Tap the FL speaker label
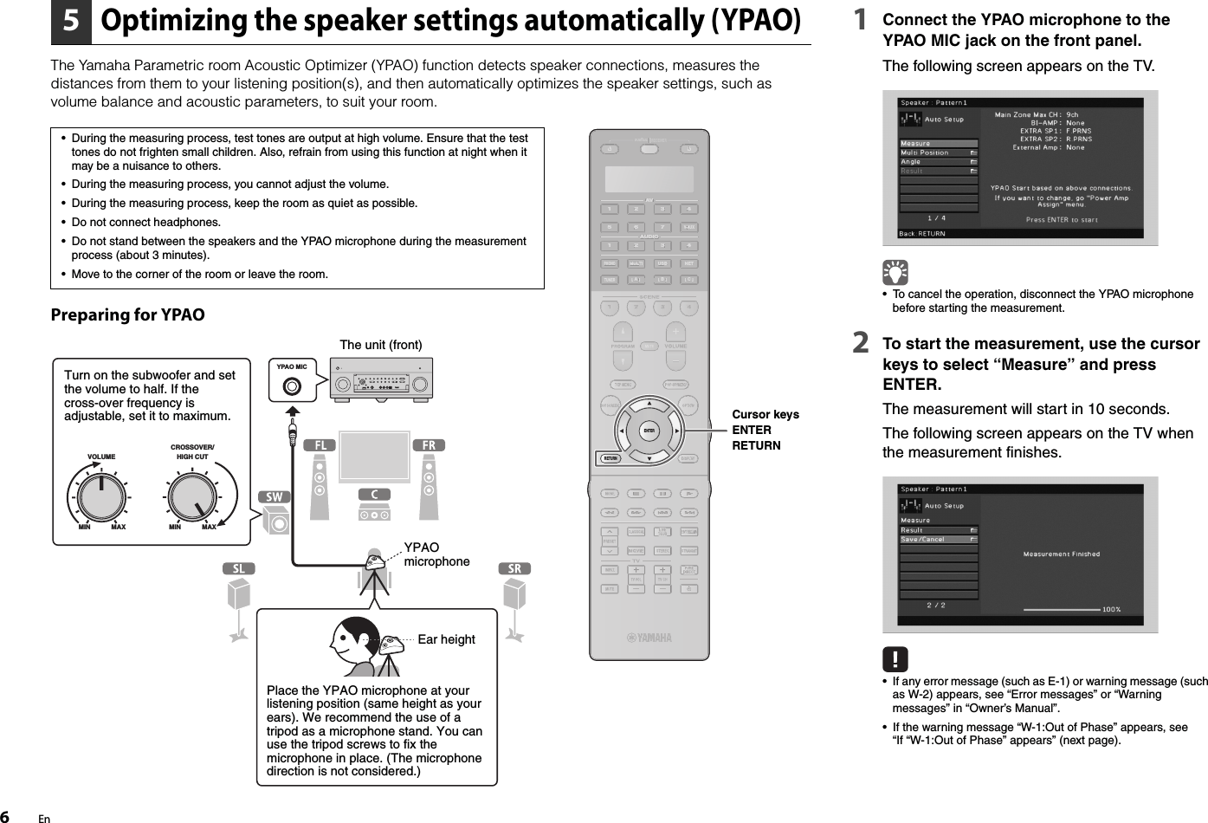320,445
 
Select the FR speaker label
430,445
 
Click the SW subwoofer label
275,497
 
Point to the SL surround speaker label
239,569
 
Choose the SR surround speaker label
514,569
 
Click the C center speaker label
374,495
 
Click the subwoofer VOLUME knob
101,496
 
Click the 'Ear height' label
446,640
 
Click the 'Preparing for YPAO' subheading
128,314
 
